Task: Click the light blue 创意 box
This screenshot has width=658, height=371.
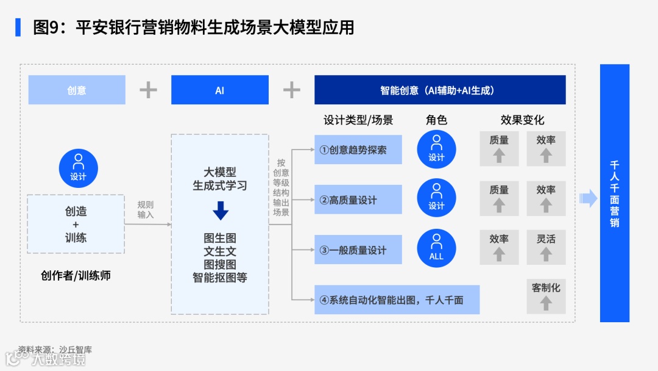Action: tap(77, 90)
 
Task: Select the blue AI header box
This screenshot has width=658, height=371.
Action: tap(219, 90)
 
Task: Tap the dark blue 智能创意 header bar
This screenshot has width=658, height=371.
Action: tap(440, 90)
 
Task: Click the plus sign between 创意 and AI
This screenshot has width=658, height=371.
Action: tap(148, 90)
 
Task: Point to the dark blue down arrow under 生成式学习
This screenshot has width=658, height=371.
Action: tap(220, 211)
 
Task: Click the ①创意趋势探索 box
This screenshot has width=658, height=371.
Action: tap(358, 149)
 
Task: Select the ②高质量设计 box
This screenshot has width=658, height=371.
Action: tap(358, 200)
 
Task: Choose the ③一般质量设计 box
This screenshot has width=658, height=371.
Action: tap(358, 250)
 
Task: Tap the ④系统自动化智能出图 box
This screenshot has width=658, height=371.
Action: tap(397, 300)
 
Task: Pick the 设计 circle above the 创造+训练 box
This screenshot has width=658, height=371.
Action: tap(78, 168)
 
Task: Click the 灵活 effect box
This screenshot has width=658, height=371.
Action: tap(546, 247)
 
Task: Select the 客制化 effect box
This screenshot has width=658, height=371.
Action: tap(546, 295)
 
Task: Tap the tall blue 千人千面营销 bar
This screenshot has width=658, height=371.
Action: tap(614, 193)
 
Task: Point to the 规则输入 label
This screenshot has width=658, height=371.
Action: tap(146, 209)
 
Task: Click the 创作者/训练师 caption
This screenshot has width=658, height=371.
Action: tap(76, 275)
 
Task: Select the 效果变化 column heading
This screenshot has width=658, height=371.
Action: tap(522, 120)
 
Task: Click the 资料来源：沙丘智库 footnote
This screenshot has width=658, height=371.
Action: tap(55, 350)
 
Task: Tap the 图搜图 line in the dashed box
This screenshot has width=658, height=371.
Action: tap(220, 264)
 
